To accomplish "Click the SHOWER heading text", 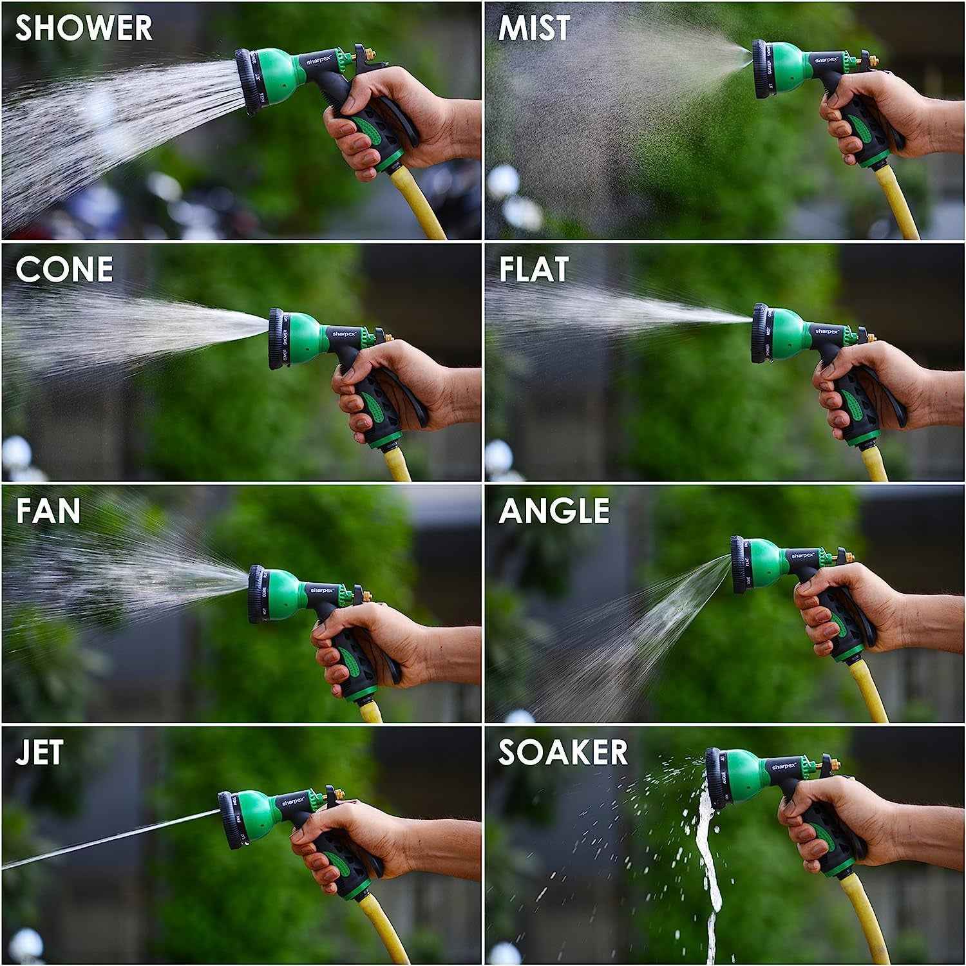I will pyautogui.click(x=84, y=28).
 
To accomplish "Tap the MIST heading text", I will pyautogui.click(x=534, y=28).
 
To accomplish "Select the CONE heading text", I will pyautogui.click(x=64, y=269).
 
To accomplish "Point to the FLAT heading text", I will pyautogui.click(x=533, y=269).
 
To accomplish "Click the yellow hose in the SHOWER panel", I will pyautogui.click(x=422, y=206).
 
